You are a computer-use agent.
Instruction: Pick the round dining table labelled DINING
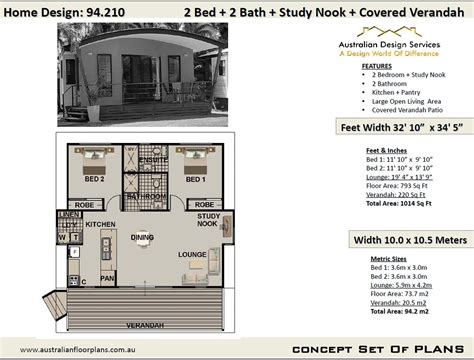pos(142,238)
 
